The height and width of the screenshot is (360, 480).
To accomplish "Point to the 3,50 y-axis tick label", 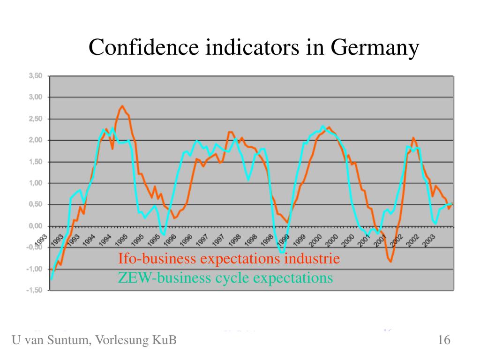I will coord(36,75).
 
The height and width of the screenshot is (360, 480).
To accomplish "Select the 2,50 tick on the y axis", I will coord(36,119).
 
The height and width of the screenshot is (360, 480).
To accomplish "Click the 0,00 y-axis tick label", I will coord(36,226).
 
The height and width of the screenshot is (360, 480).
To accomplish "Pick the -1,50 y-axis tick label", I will coord(35,290).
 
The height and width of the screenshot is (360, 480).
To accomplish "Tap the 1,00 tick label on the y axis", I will coord(36,183).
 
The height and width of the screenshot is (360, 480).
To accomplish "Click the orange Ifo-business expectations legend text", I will coord(228,259).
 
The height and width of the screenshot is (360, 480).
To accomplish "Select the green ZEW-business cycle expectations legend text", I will coord(225,278).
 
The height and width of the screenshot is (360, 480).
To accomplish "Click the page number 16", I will coord(444,340).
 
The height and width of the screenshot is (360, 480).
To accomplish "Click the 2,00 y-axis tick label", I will coord(36,140).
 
